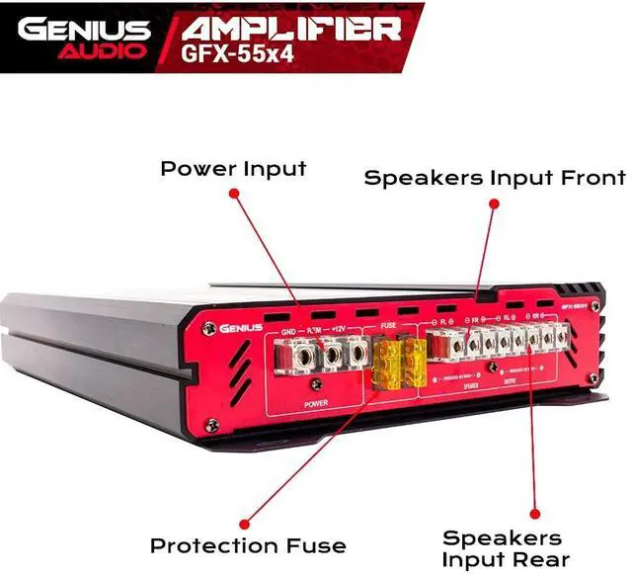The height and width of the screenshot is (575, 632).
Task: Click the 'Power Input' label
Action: coord(234,169)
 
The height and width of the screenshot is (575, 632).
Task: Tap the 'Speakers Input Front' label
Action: coord(495,179)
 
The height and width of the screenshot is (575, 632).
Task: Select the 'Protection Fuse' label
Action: coord(248,545)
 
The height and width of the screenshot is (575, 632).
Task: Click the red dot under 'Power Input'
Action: coord(233,194)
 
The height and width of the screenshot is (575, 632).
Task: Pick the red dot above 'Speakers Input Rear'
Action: coord(534,514)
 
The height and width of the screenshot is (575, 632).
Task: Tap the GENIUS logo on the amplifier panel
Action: coord(241,328)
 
